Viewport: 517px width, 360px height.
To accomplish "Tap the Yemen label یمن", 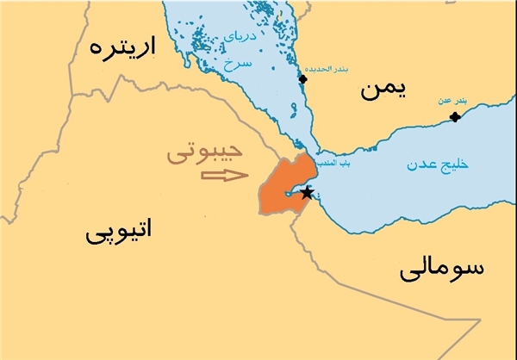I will pyautogui.click(x=382, y=88).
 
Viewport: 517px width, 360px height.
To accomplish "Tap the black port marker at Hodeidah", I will pyautogui.click(x=302, y=79).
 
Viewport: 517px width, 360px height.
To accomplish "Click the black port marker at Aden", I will pyautogui.click(x=455, y=116).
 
